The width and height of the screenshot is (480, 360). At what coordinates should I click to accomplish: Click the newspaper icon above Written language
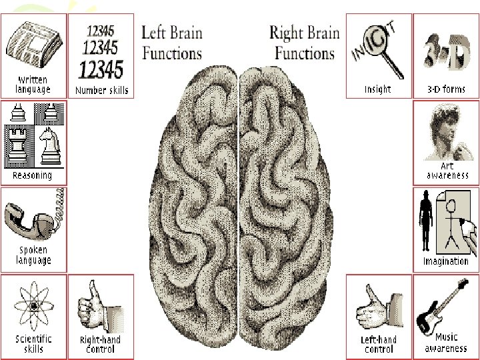pyautogui.click(x=34, y=41)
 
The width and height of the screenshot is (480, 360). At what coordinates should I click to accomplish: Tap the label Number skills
pyautogui.click(x=102, y=91)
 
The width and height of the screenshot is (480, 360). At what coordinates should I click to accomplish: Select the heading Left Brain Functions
pyautogui.click(x=171, y=42)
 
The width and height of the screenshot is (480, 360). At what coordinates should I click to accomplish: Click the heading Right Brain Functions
pyautogui.click(x=304, y=42)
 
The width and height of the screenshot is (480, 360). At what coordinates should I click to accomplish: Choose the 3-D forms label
pyautogui.click(x=445, y=89)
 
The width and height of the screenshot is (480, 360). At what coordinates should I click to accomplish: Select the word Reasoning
pyautogui.click(x=32, y=176)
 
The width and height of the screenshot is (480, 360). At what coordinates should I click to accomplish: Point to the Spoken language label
pyautogui.click(x=33, y=255)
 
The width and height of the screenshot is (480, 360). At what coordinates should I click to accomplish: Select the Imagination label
pyautogui.click(x=445, y=261)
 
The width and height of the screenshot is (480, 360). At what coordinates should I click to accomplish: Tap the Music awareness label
pyautogui.click(x=445, y=343)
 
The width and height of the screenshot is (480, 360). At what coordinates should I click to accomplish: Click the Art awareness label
pyautogui.click(x=445, y=171)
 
